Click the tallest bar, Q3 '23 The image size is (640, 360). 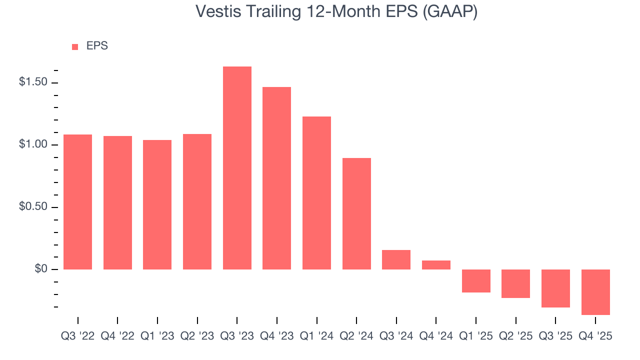237,168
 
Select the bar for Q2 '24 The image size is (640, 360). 356,213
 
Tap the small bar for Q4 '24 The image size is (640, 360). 436,265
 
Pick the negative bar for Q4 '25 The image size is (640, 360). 595,292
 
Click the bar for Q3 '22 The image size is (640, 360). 77,202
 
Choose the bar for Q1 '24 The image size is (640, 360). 316,193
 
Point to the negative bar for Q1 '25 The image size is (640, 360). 476,281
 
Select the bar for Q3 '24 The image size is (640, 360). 396,259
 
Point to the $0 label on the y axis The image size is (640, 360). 40,269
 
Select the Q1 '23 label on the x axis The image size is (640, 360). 157,336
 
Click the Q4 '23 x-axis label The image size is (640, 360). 277,336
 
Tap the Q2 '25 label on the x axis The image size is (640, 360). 515,336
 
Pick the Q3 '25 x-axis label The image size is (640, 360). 555,336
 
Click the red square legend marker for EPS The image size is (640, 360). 75,46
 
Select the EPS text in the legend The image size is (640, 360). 97,46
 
